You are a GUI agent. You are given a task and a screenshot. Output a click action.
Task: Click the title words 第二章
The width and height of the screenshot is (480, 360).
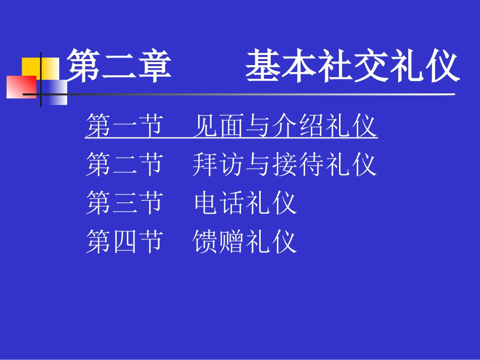119,66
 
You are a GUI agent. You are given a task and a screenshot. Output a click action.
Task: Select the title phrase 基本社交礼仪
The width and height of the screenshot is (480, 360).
352,66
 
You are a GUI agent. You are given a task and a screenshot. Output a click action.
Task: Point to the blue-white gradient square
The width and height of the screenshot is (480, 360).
55,92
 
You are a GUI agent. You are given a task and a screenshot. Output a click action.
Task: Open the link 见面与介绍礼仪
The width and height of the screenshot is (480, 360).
285,126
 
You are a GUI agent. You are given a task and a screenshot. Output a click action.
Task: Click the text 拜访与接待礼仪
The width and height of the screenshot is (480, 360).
285,165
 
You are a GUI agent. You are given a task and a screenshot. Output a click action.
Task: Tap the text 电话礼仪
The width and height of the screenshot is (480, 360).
245,203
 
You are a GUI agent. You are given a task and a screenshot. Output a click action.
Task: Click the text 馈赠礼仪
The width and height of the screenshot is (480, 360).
245,242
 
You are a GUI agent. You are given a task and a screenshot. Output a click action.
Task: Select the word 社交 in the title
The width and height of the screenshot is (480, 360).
353,66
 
